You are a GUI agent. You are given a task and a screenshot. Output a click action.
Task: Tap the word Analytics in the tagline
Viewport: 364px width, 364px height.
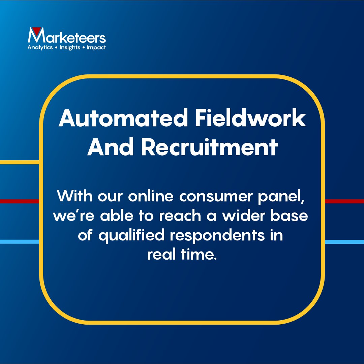tap(40, 47)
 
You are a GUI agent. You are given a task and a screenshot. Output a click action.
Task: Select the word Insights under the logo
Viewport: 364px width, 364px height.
tap(69, 47)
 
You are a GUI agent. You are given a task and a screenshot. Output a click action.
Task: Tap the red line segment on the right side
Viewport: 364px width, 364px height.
tap(344, 201)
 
